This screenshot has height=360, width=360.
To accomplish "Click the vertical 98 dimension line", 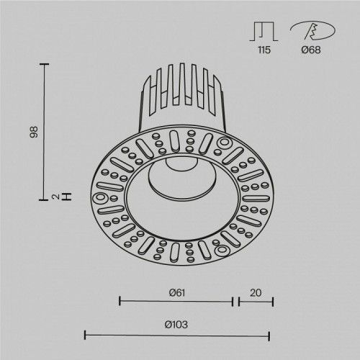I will (x=48, y=130).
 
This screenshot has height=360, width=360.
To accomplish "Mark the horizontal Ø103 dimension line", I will (x=177, y=334).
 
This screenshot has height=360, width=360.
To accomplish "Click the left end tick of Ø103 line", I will (x=86, y=334).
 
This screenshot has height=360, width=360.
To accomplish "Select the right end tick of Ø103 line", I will (x=269, y=334).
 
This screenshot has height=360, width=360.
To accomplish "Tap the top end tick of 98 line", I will (x=48, y=65).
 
